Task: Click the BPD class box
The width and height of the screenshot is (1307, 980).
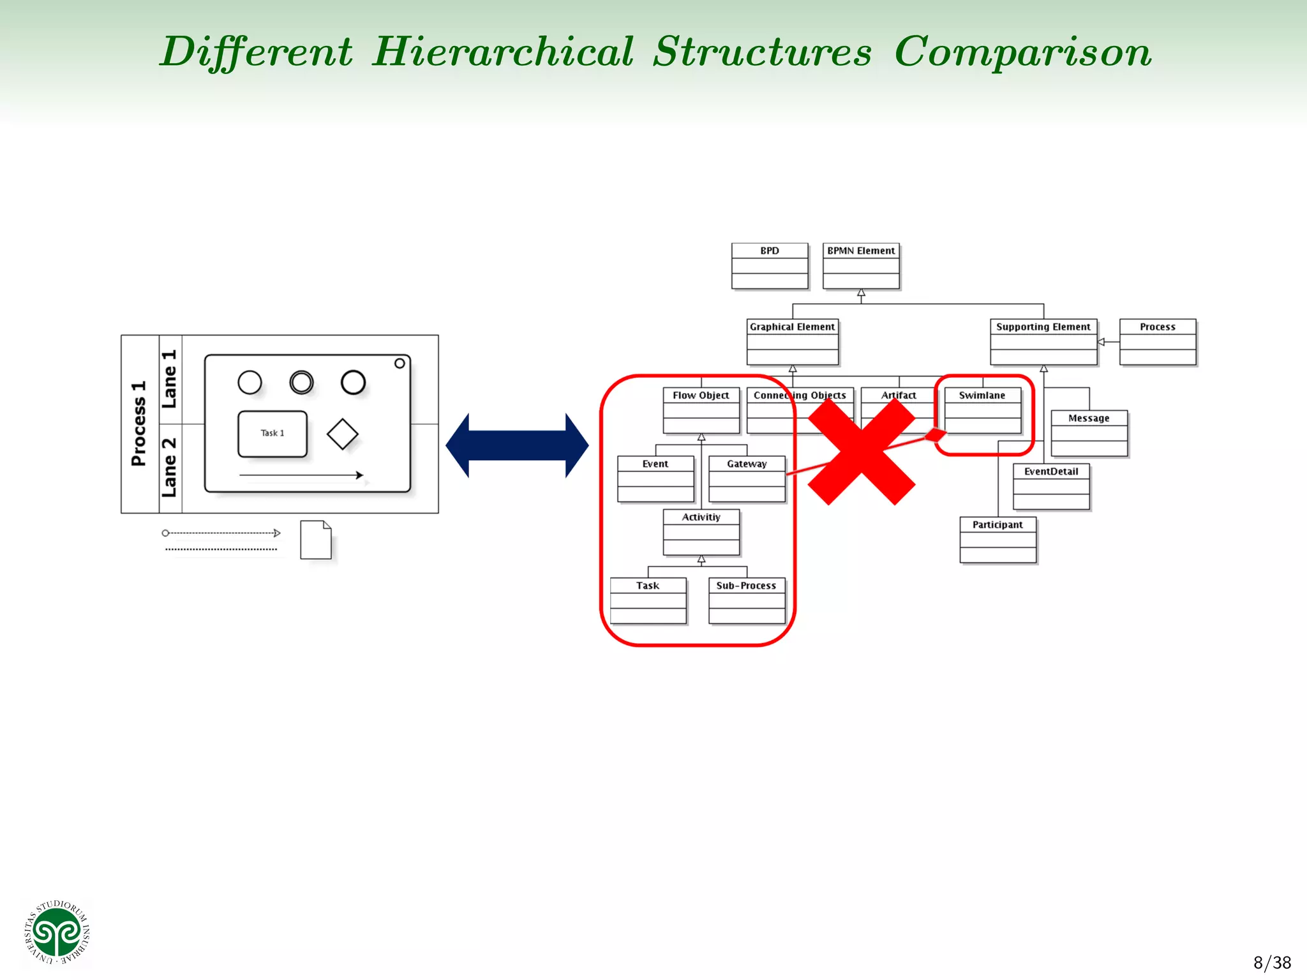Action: click(x=770, y=266)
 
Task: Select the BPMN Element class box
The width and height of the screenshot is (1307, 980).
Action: click(x=861, y=266)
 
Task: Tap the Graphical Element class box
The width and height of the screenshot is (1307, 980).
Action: click(x=792, y=342)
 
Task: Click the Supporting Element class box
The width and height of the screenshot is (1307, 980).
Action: click(x=1043, y=342)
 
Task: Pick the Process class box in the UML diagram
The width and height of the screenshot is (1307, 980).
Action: click(x=1158, y=342)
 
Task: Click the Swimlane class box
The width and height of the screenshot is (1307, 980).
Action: click(x=982, y=410)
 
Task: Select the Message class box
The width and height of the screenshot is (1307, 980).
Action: click(x=1089, y=433)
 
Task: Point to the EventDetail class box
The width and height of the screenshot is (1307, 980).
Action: click(x=1051, y=487)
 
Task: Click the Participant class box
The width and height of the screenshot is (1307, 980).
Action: click(x=997, y=540)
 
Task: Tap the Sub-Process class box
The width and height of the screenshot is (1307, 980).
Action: click(x=747, y=600)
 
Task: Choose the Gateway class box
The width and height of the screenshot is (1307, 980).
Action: click(x=747, y=479)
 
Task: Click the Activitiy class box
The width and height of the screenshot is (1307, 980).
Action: click(x=701, y=532)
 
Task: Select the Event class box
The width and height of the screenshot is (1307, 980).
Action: click(x=655, y=479)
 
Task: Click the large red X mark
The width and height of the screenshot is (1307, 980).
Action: click(x=862, y=452)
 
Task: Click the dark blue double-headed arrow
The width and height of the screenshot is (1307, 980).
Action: click(x=517, y=445)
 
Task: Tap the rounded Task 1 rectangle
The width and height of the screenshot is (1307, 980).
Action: click(x=273, y=434)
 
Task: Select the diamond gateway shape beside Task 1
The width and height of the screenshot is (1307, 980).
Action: click(x=342, y=434)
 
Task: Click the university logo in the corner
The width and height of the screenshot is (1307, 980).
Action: click(x=57, y=932)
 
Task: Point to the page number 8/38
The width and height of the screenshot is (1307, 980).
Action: click(x=1271, y=962)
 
